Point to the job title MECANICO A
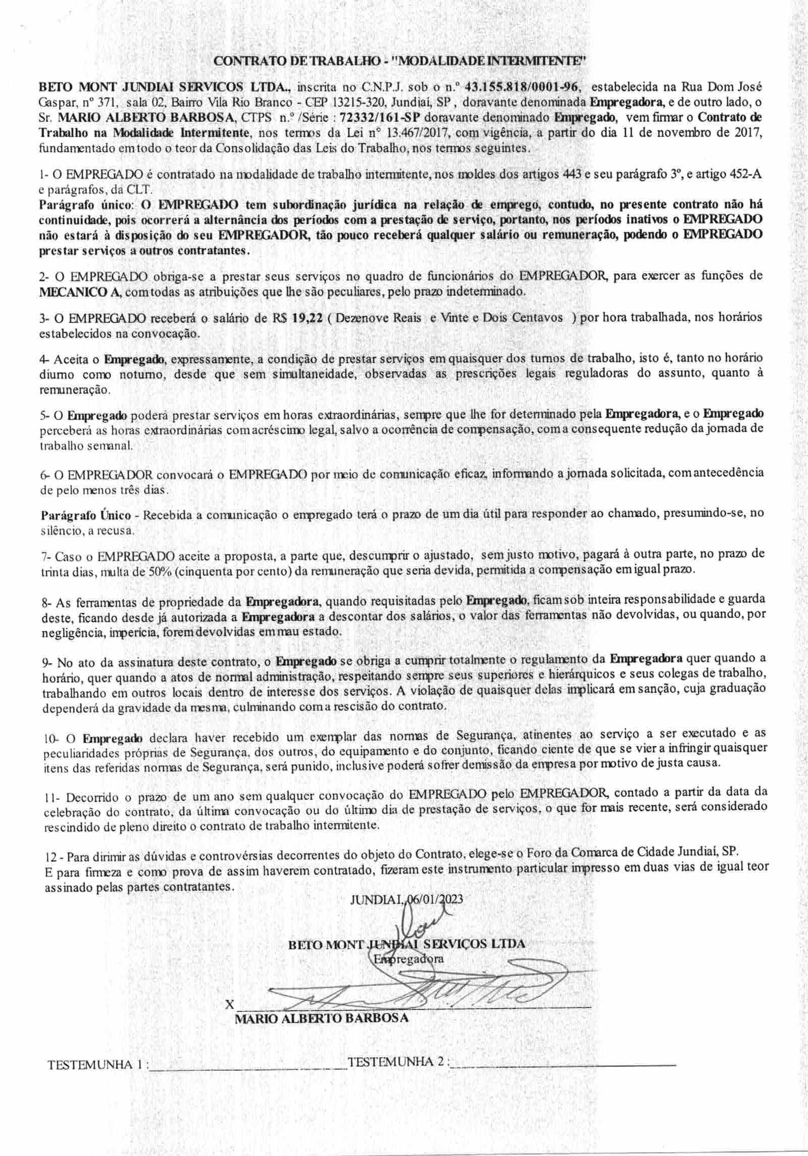[x=80, y=292]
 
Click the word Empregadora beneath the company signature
[x=408, y=958]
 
